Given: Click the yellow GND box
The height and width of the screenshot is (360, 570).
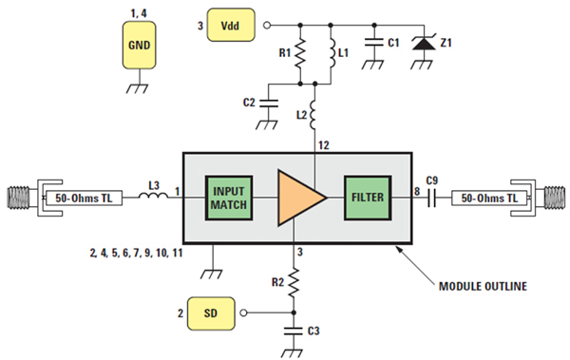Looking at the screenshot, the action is click(x=140, y=45).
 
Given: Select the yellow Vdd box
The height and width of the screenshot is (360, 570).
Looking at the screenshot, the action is click(x=231, y=25).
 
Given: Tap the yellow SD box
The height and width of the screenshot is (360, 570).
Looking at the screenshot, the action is click(x=211, y=313).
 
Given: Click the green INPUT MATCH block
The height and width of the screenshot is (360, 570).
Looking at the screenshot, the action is click(x=229, y=198).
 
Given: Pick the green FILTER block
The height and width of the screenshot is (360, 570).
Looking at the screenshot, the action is click(x=368, y=198).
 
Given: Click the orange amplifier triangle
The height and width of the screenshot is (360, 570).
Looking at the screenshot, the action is click(x=298, y=198).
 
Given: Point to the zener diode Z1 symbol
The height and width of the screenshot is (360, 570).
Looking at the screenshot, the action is click(x=424, y=44).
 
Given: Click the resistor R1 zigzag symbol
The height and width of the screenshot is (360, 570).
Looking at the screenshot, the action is click(x=300, y=54).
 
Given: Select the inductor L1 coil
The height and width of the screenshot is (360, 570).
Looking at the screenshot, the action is click(x=332, y=54).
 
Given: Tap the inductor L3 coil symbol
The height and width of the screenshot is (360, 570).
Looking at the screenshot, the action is click(x=153, y=196).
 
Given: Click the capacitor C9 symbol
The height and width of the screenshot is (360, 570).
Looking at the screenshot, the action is click(x=431, y=199).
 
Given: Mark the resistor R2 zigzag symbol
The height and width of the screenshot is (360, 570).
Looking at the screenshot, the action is click(x=294, y=282).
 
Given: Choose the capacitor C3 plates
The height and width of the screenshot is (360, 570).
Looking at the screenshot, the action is click(x=293, y=331).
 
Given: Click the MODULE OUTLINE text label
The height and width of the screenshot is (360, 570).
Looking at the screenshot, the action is click(x=483, y=287).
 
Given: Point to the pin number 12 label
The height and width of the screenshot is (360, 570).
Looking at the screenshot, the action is click(x=324, y=145).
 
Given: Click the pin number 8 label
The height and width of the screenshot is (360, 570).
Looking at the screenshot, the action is click(x=417, y=191).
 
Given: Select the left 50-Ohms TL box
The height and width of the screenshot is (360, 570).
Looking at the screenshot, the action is click(x=84, y=199).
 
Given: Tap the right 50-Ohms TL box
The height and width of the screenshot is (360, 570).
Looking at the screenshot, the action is click(x=489, y=199).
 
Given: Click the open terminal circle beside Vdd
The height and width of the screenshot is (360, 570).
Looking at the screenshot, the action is click(x=267, y=26).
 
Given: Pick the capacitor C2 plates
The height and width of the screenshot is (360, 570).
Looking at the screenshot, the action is click(x=268, y=104).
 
